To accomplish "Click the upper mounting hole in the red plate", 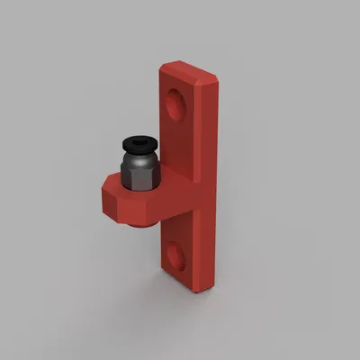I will click(x=175, y=105).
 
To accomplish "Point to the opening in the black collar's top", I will click(x=139, y=140).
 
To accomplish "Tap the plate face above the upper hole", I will click(x=180, y=83).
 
